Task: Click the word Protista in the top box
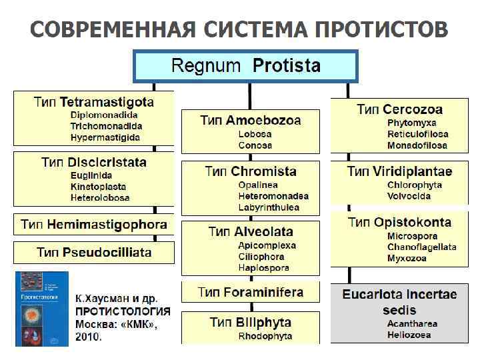point(287,65)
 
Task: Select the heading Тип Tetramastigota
point(94,103)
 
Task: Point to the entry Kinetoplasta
point(98,187)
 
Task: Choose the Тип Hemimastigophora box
point(94,224)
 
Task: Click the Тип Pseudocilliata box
point(94,253)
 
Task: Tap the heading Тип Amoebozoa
point(251,121)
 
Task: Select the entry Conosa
point(255,145)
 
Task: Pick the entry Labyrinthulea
point(269,207)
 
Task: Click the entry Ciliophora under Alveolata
point(261,257)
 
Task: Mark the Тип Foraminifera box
point(251,293)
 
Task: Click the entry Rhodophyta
point(265,337)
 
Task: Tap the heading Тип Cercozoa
point(399,109)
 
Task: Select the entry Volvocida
point(409,196)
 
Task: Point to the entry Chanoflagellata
point(421,247)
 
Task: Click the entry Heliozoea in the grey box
point(409,335)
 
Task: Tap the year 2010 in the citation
point(89,337)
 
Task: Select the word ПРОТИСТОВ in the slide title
point(381,29)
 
